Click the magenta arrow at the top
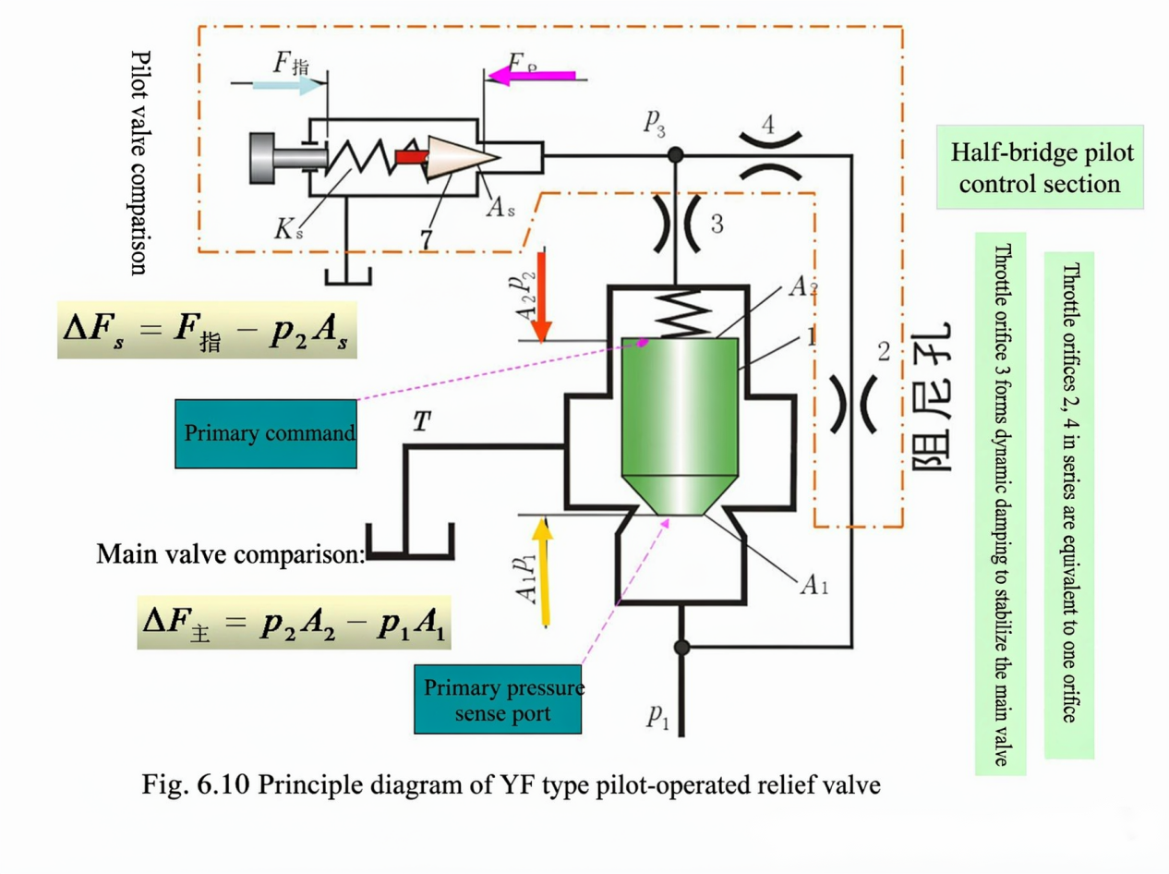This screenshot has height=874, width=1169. point(532,75)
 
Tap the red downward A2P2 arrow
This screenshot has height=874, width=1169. point(542,297)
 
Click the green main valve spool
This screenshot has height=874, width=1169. point(680,426)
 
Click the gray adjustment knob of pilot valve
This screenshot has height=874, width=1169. point(287,158)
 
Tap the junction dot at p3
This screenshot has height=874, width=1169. point(675,155)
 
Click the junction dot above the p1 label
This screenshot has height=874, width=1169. point(681,648)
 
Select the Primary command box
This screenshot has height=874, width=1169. point(266,434)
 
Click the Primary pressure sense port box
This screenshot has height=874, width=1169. point(498,699)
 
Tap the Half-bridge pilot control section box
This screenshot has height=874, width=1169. point(1040,167)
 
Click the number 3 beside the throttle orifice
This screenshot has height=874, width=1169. point(717,224)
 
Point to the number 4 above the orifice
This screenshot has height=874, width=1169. point(767,125)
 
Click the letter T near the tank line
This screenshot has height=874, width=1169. point(422,421)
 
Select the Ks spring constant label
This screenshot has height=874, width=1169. point(288,230)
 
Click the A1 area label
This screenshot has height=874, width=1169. point(814,585)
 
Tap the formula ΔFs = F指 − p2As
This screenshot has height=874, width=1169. point(207,330)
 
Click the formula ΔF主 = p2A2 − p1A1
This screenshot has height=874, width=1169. point(294,623)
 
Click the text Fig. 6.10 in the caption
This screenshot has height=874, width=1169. point(196,785)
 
